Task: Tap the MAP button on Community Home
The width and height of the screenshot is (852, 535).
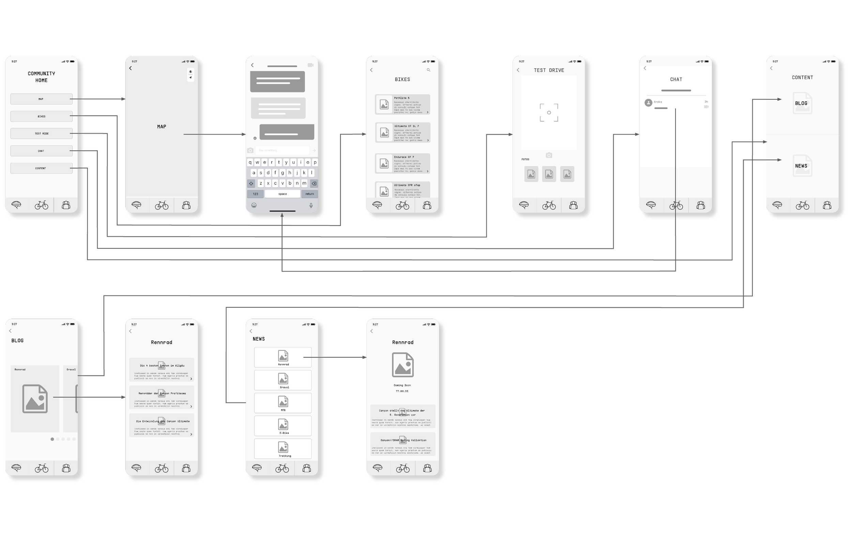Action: (41, 99)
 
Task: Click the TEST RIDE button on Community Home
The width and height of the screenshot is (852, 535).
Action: (41, 133)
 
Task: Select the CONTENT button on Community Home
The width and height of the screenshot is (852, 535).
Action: (41, 168)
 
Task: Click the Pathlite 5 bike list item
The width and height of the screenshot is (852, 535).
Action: (402, 104)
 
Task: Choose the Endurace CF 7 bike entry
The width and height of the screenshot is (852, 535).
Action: (402, 164)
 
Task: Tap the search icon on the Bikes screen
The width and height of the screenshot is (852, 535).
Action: (428, 70)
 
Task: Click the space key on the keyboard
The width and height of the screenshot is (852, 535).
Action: (282, 194)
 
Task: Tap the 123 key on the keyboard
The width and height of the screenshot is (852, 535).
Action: (256, 194)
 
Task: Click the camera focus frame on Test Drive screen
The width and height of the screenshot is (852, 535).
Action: (549, 112)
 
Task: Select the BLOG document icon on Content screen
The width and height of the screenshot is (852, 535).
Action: (802, 103)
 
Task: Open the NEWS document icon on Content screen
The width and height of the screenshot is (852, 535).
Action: (802, 166)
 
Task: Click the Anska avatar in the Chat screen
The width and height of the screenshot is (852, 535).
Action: (648, 103)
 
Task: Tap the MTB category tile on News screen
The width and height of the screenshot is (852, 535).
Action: (283, 403)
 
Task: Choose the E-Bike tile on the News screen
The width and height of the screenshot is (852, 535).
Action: (283, 426)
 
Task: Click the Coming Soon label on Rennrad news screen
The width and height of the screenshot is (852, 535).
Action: (402, 385)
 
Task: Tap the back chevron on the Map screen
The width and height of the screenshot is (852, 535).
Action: (131, 68)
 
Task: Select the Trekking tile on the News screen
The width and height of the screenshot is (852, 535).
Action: (283, 449)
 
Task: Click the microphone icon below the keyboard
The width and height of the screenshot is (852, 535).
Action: (311, 205)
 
